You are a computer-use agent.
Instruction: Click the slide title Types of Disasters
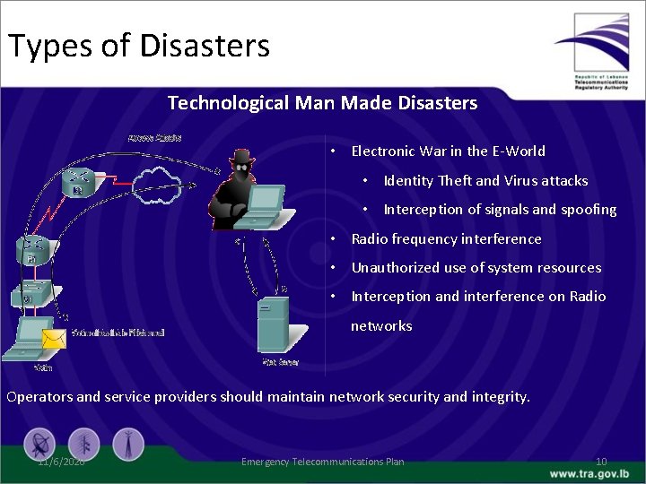coord(139,44)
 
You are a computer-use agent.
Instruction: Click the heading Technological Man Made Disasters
coord(322,103)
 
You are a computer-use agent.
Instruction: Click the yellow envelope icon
coord(56,338)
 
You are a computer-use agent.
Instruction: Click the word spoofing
coord(589,210)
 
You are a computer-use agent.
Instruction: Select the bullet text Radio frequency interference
coord(446,239)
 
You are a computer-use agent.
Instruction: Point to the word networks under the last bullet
coord(381,326)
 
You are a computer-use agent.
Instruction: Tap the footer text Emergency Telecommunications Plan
coord(322,462)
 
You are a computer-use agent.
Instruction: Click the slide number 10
coord(600,462)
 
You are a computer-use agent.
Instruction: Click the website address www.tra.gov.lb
coord(591,473)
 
